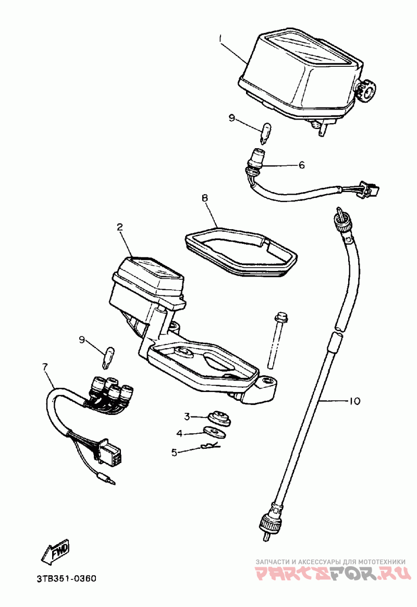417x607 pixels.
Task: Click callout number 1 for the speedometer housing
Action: click(221, 38)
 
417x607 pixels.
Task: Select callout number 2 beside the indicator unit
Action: click(119, 227)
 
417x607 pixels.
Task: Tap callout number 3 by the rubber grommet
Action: click(187, 416)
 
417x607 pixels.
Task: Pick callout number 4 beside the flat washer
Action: click(179, 433)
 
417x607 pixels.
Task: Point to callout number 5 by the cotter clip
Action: click(175, 452)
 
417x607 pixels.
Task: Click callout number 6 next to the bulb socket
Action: click(301, 165)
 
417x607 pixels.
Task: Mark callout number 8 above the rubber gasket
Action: click(205, 198)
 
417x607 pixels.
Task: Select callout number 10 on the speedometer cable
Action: click(353, 401)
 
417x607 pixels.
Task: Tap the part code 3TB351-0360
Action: click(66, 579)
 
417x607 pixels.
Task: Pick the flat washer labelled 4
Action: click(213, 431)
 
